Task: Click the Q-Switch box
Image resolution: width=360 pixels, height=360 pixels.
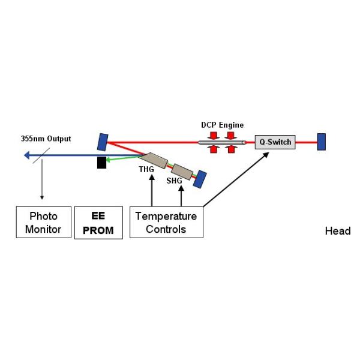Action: (x=274, y=142)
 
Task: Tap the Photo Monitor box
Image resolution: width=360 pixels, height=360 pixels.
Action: (x=41, y=222)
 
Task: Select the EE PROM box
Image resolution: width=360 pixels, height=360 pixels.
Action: (x=98, y=222)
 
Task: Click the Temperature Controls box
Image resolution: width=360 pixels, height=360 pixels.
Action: (x=166, y=222)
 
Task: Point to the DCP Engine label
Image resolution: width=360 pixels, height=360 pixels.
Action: (x=222, y=125)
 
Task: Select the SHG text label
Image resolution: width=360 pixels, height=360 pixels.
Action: (x=174, y=181)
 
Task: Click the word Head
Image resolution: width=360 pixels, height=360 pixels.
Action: (x=337, y=231)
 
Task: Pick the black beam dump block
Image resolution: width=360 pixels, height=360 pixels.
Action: (x=102, y=162)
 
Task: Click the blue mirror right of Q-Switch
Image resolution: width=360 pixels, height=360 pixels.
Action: (x=322, y=142)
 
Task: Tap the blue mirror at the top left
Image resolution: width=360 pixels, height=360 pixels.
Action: (x=103, y=142)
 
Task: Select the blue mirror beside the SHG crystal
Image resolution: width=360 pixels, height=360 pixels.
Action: (x=200, y=179)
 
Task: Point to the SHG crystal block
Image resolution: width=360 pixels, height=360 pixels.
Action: (x=183, y=171)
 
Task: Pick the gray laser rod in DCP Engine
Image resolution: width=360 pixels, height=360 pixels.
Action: (x=222, y=142)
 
